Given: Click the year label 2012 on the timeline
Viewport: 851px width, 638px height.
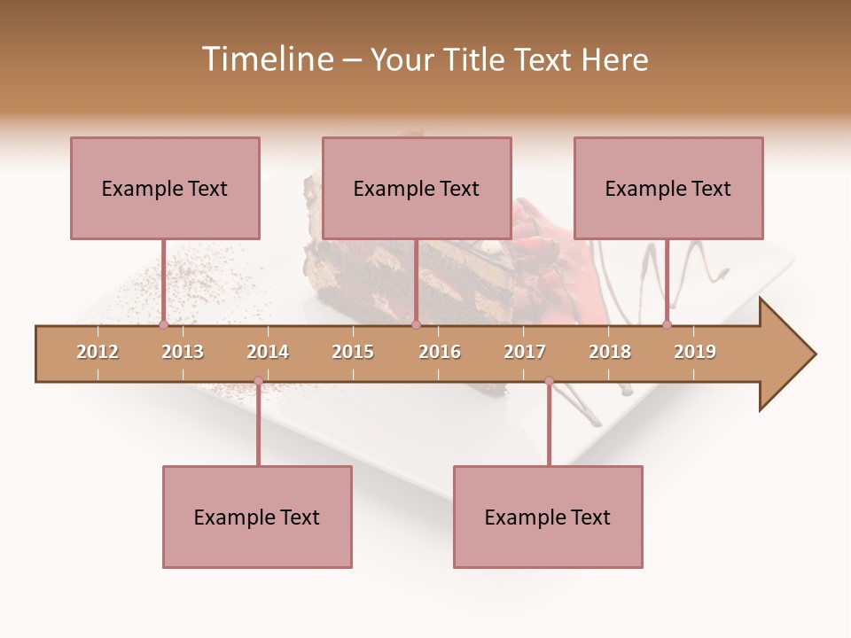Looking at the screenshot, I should [x=98, y=352].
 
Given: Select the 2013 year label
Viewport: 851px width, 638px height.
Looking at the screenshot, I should [x=183, y=352].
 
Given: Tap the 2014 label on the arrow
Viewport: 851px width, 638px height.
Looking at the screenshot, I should [x=268, y=352].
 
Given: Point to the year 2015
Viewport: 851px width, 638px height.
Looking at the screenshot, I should [x=353, y=352].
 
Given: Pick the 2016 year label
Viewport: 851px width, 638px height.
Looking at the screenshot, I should [x=440, y=352].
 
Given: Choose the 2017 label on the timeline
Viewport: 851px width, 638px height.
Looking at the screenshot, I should [x=525, y=352].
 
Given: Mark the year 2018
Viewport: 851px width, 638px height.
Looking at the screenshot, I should [x=610, y=352].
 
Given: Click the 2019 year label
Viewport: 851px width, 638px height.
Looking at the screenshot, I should [x=695, y=352].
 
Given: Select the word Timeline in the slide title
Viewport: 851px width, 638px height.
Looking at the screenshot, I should [x=265, y=59].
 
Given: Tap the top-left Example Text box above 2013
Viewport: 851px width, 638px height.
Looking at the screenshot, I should [x=165, y=188].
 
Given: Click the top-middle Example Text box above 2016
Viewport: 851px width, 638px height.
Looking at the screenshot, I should [x=417, y=188].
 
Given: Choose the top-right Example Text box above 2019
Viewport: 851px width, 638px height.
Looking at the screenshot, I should [x=668, y=188].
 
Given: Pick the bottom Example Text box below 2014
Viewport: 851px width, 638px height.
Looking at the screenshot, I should [x=257, y=517].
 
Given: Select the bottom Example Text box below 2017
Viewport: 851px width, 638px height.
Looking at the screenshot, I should [x=548, y=517].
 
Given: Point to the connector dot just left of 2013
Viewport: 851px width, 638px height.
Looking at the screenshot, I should [x=163, y=325].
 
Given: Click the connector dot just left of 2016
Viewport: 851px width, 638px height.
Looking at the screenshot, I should [x=416, y=325].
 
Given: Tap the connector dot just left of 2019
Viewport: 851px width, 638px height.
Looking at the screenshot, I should [x=668, y=325].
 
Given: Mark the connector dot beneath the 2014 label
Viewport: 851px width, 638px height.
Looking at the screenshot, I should [x=258, y=381].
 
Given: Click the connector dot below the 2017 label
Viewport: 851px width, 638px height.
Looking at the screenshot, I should [x=549, y=381].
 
